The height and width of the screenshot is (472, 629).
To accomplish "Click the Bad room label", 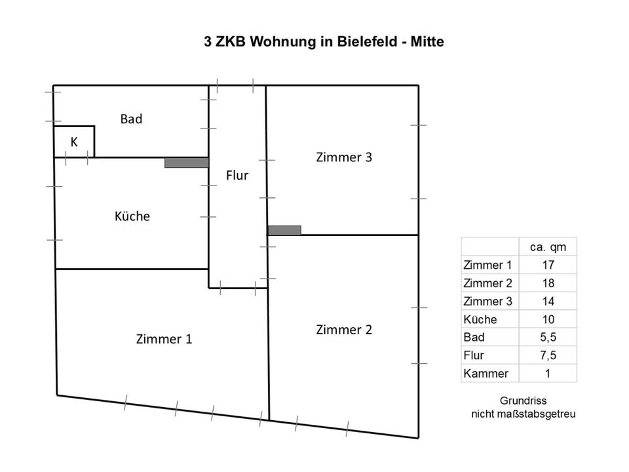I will pyautogui.click(x=131, y=119).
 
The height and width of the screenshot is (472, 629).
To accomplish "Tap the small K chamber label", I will pyautogui.click(x=74, y=142).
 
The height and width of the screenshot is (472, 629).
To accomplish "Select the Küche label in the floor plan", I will pyautogui.click(x=132, y=216).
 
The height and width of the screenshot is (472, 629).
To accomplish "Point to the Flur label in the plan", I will pyautogui.click(x=237, y=175).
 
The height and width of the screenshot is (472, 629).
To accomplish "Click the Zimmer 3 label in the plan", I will pyautogui.click(x=344, y=157).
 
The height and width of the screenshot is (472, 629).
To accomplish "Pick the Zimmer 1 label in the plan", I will pyautogui.click(x=164, y=339).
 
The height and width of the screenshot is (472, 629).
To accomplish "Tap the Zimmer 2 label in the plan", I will pyautogui.click(x=344, y=330).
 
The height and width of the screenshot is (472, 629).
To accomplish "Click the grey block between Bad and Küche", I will pyautogui.click(x=186, y=163).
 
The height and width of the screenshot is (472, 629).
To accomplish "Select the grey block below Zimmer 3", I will pyautogui.click(x=284, y=230).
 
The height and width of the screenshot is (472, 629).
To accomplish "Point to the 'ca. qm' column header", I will pyautogui.click(x=548, y=247).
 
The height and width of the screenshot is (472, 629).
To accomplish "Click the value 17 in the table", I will pyautogui.click(x=548, y=265).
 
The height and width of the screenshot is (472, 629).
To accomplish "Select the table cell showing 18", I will pyautogui.click(x=548, y=283).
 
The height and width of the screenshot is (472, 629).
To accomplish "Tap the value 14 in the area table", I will pyautogui.click(x=548, y=302).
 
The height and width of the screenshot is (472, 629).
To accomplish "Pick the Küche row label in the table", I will pyautogui.click(x=480, y=319).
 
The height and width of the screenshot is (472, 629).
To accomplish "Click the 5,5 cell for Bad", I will pyautogui.click(x=548, y=338).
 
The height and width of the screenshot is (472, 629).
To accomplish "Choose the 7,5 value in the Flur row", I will pyautogui.click(x=548, y=355).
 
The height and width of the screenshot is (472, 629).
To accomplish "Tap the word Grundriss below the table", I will pyautogui.click(x=523, y=401).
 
